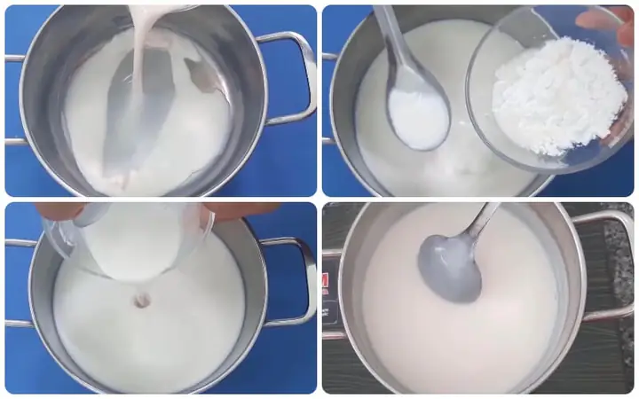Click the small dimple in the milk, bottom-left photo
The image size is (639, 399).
(x=142, y=301)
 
